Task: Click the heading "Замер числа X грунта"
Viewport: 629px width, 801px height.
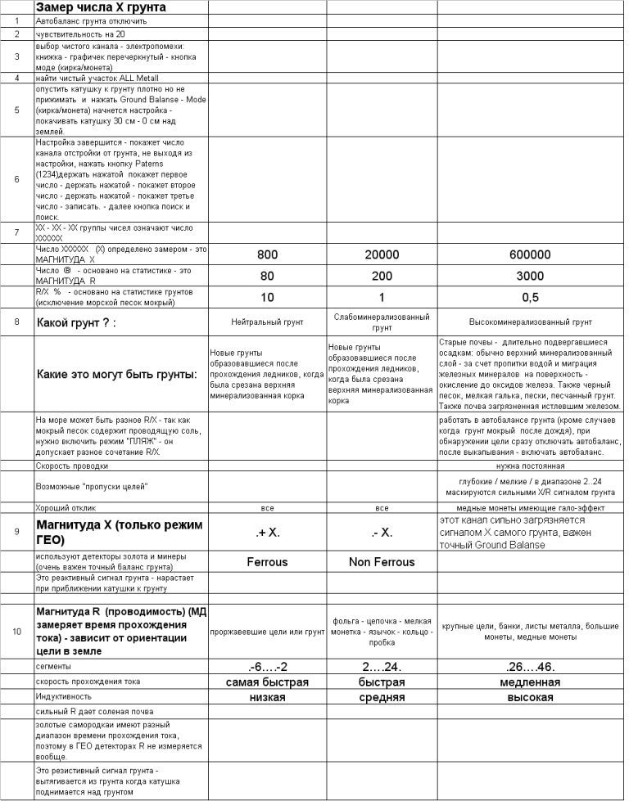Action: point(101,7)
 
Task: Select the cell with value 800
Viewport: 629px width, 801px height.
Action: point(267,254)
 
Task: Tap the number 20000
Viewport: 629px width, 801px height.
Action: point(382,254)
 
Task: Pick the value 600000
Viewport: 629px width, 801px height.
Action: point(530,254)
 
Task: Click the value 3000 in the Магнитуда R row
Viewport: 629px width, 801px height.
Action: point(530,276)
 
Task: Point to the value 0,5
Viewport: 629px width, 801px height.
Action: point(530,296)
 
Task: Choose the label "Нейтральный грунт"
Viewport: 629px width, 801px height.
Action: point(267,322)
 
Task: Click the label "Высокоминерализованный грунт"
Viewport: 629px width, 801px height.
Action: point(530,322)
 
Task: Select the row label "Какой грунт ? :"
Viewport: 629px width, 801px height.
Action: point(75,322)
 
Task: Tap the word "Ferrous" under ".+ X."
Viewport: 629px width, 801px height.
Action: point(267,562)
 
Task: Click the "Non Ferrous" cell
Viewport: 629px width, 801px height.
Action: point(382,562)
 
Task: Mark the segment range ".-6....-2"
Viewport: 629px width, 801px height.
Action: point(267,667)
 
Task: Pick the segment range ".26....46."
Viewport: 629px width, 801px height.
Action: point(530,667)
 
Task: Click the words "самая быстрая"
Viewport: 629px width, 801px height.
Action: point(267,682)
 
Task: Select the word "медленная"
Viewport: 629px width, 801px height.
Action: point(530,682)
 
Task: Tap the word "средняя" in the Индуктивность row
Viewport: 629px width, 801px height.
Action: point(382,698)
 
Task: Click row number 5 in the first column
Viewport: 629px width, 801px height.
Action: point(16,110)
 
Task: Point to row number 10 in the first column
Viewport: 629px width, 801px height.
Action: point(16,631)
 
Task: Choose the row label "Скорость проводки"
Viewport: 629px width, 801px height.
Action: point(72,466)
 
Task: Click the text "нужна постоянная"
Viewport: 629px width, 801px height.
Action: point(530,466)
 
